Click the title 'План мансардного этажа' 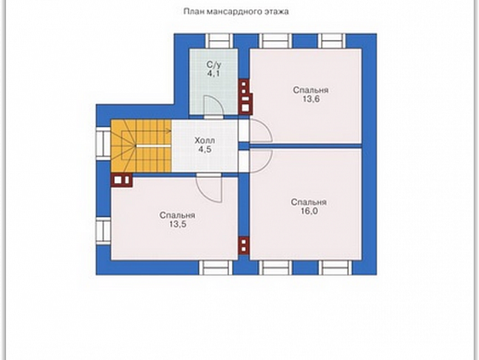[x=236, y=11]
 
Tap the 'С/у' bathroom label [x=214, y=65]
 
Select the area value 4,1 [x=214, y=73]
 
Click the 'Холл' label [x=205, y=141]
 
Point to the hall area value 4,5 [x=205, y=150]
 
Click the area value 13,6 [x=311, y=99]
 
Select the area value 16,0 [x=309, y=211]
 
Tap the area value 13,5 [x=178, y=225]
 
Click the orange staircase [x=141, y=146]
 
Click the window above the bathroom [x=219, y=41]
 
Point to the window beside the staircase [x=104, y=144]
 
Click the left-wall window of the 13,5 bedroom [x=104, y=231]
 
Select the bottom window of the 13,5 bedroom [x=215, y=268]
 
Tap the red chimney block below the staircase [x=122, y=180]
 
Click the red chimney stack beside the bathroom [x=246, y=97]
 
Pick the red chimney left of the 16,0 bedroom [x=244, y=245]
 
